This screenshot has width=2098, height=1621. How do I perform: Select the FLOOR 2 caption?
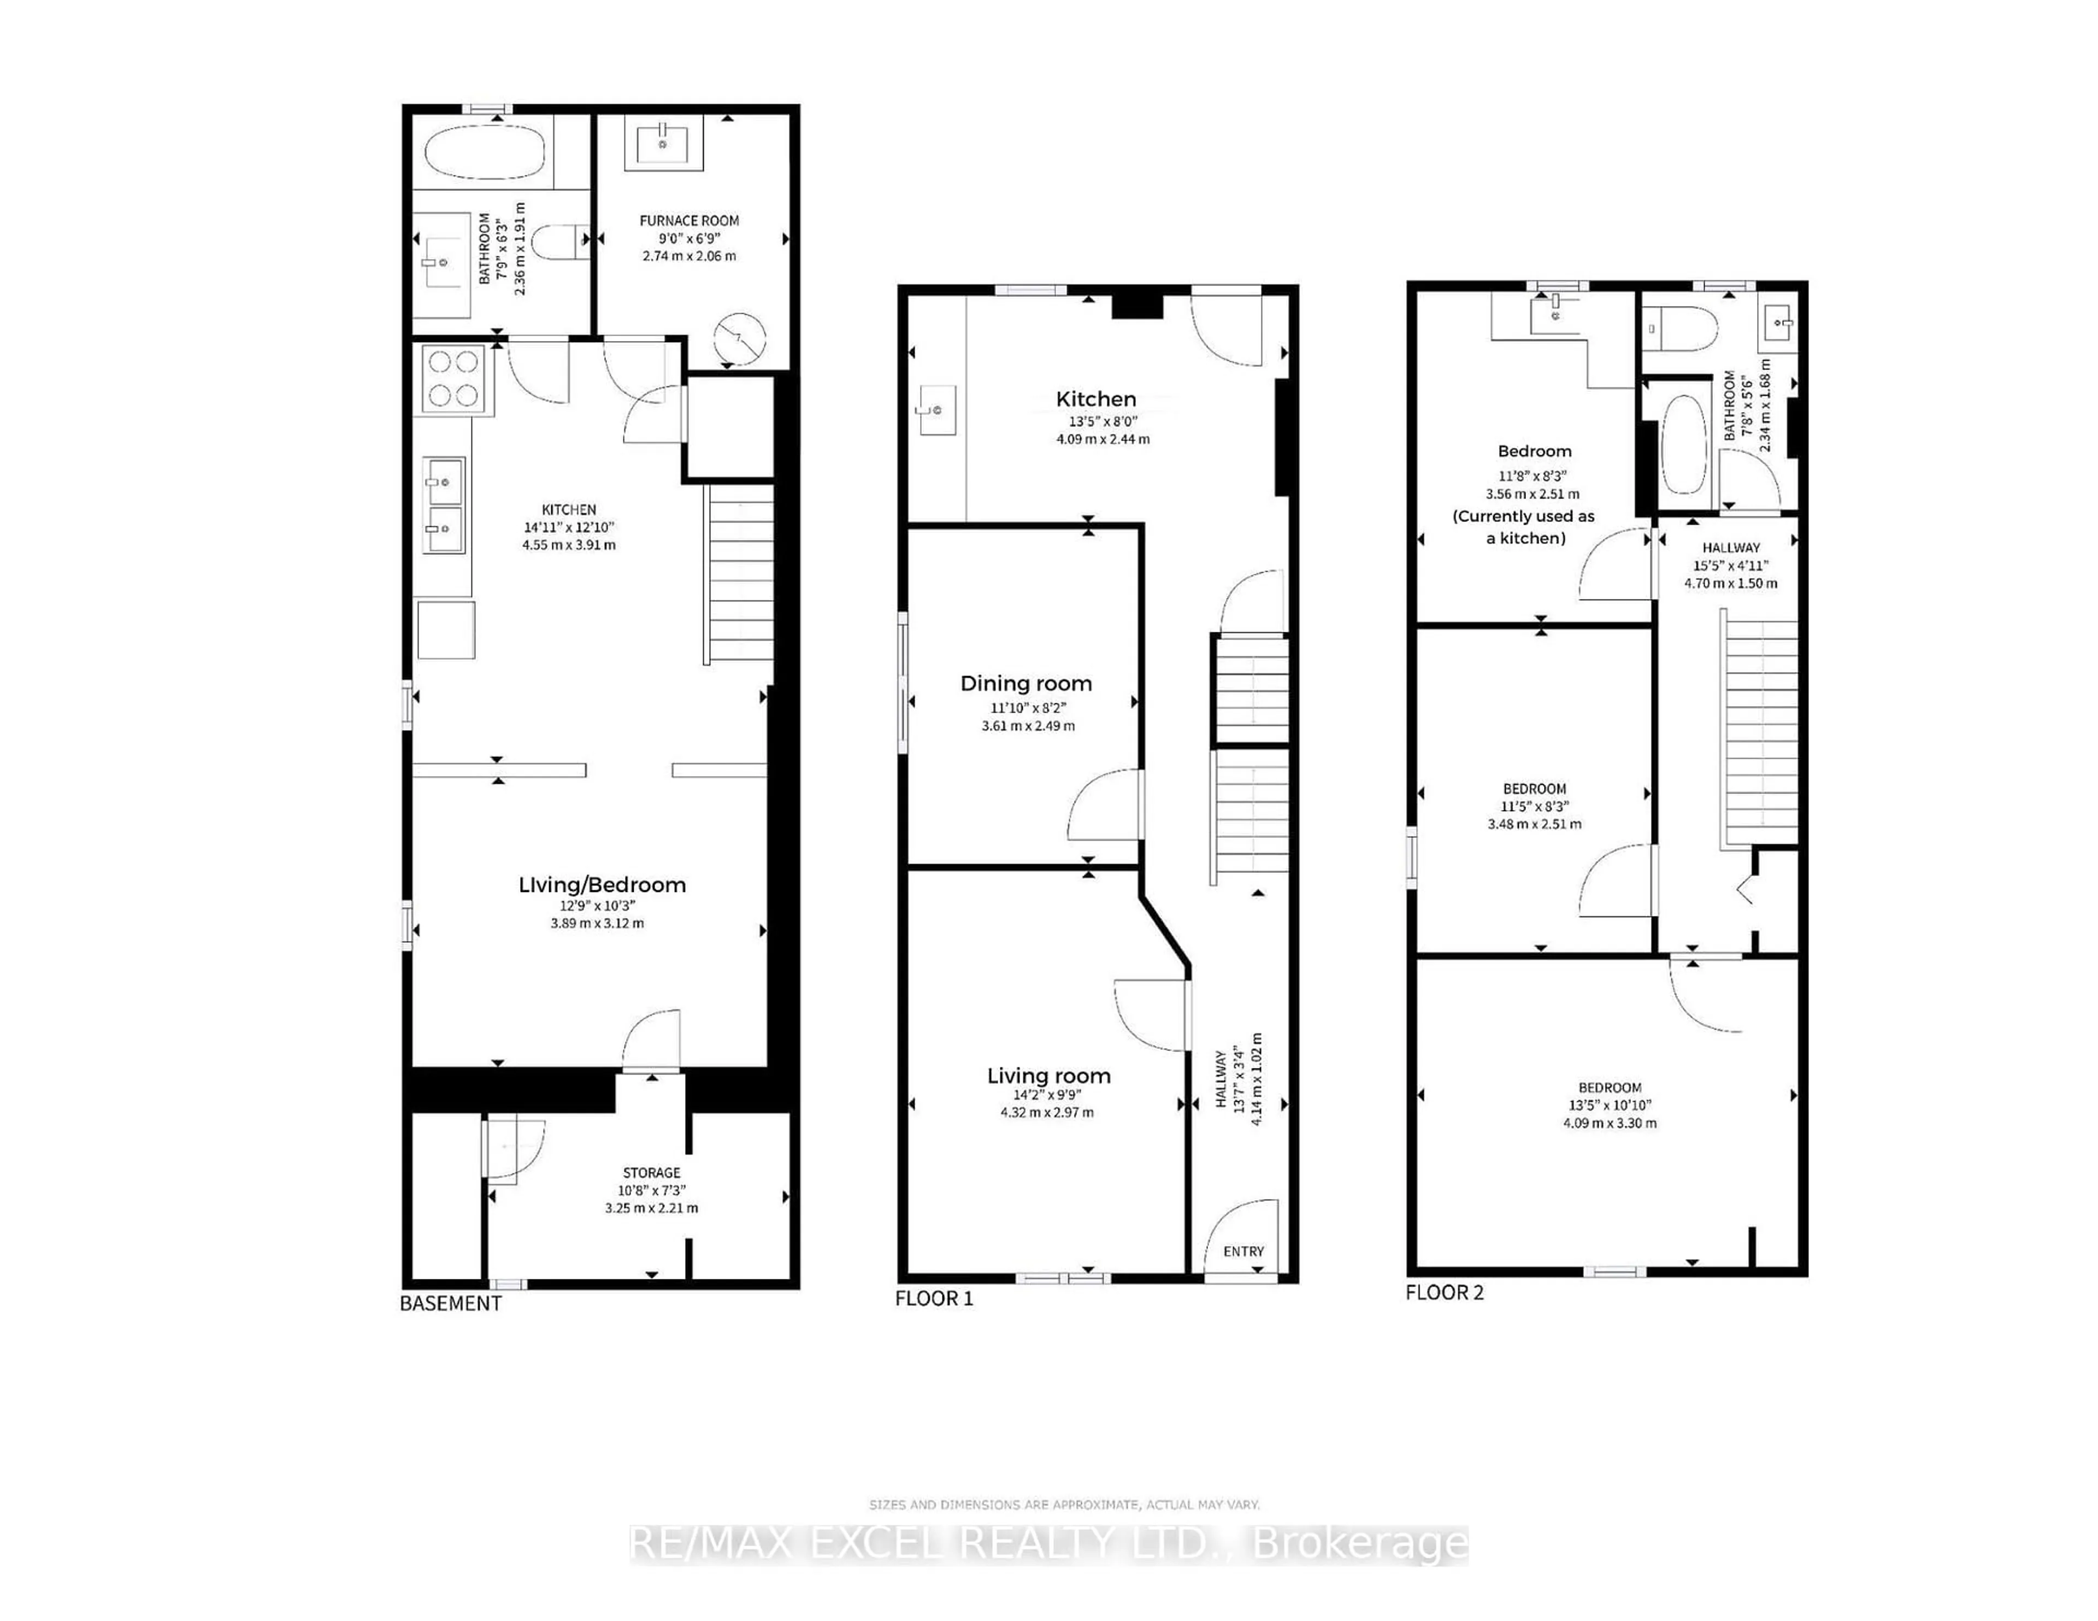click(x=1444, y=1293)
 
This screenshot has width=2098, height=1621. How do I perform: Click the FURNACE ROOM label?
click(x=689, y=220)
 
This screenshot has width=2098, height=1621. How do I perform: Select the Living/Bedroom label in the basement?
click(x=602, y=885)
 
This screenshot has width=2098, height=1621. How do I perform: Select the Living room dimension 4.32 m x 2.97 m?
click(x=1046, y=1113)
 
